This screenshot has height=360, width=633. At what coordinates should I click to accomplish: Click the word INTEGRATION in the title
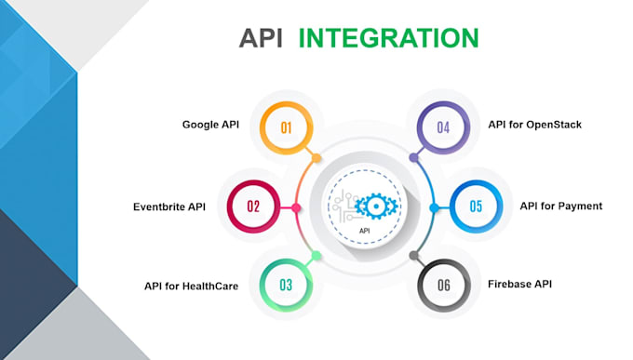(x=388, y=38)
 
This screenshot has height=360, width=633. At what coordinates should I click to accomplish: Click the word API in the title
(x=263, y=38)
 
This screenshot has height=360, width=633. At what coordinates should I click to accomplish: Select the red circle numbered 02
(x=252, y=207)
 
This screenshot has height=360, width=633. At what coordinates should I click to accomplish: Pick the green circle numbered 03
(x=287, y=285)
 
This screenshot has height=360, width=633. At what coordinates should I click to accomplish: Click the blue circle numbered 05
(x=476, y=207)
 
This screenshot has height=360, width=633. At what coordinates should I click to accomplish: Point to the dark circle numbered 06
(x=443, y=285)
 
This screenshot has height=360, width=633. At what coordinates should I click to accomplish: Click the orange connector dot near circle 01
(x=316, y=157)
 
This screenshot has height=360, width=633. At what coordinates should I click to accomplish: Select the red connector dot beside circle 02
(x=296, y=207)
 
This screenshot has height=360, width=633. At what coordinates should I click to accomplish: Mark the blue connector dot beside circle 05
(x=433, y=207)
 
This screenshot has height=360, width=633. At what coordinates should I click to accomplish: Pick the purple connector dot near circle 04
(x=412, y=157)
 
